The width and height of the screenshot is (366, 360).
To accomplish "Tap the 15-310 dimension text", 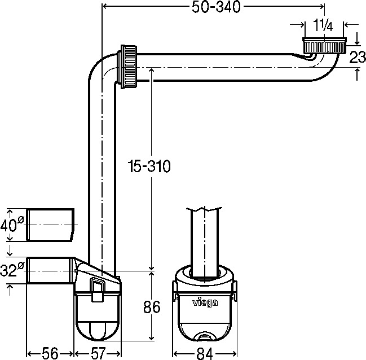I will coord(148,167).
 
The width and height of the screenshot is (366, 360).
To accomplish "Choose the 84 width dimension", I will coord(205,353).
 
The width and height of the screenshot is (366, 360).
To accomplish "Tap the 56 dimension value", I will coord(51,353).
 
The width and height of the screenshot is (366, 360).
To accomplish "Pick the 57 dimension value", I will coord(98,353).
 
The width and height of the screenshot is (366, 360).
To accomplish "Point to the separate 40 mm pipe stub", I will coord(51,224).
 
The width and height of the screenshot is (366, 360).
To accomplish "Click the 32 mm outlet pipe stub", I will coord(50,271).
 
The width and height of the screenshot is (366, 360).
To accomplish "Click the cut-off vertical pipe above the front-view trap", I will coord(204,237).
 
